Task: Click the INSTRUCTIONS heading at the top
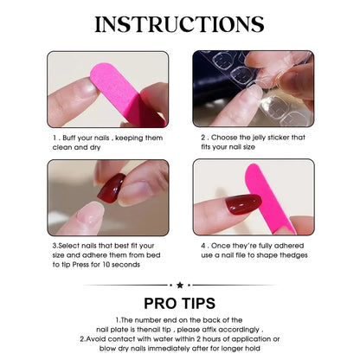[x=180, y=23]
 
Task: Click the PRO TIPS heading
[x=180, y=304]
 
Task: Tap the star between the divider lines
[x=180, y=284]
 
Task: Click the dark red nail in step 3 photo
[x=112, y=188]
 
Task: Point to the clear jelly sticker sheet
[x=242, y=82]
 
